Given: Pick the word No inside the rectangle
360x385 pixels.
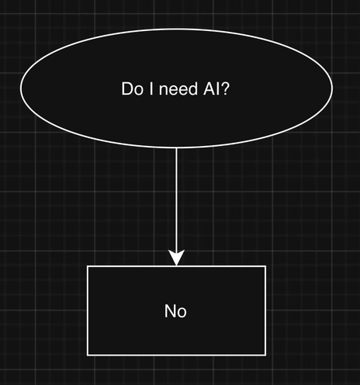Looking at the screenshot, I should point(176,311).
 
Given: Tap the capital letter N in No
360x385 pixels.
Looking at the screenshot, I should point(171,311).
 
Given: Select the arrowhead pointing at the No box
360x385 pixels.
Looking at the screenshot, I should point(176,258).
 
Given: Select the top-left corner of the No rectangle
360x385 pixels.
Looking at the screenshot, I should point(88,266).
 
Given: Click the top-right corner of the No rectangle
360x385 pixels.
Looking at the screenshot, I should point(265,266).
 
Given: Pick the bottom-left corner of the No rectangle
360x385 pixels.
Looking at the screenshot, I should point(88,355).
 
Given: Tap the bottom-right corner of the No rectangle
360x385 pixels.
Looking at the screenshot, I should point(265,355).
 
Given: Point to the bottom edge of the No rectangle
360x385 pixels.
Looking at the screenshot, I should point(176,355).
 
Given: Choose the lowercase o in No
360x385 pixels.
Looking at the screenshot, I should point(182,313).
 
